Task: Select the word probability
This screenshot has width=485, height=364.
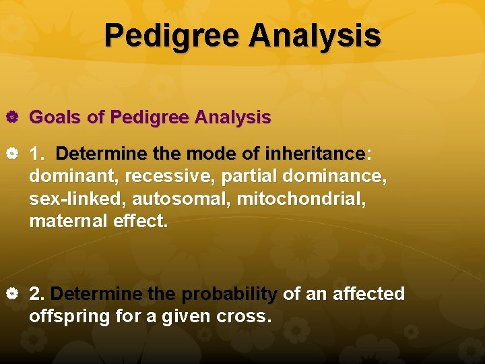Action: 230,294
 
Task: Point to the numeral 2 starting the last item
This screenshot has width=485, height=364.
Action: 37,294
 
